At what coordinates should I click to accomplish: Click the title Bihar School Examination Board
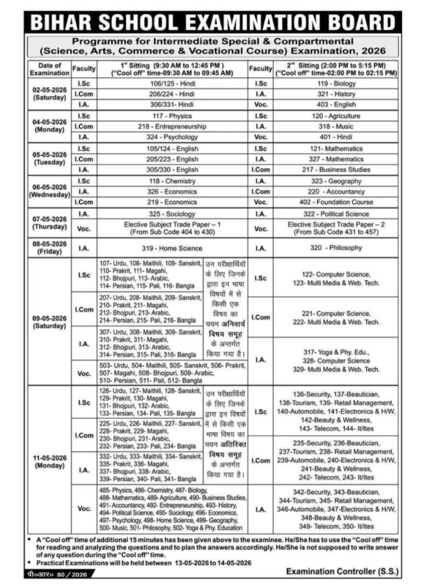213,22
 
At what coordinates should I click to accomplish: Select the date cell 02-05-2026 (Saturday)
49,94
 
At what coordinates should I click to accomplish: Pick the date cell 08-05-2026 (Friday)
49,248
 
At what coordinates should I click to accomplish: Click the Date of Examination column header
49,69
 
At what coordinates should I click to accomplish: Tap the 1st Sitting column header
172,69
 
